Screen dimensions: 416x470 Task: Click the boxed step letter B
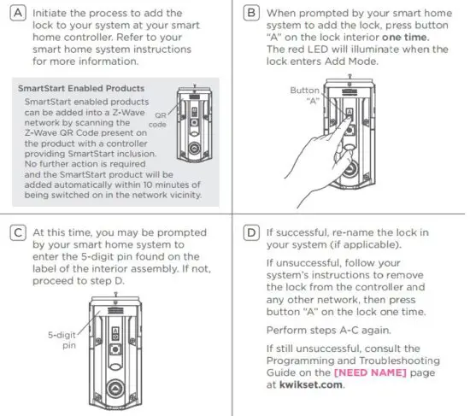(x=252, y=15)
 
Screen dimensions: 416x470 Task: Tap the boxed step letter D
(x=252, y=233)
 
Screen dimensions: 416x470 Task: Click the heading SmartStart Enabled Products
(x=80, y=89)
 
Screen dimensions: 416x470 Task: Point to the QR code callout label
(x=157, y=118)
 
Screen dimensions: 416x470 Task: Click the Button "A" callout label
(x=304, y=95)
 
